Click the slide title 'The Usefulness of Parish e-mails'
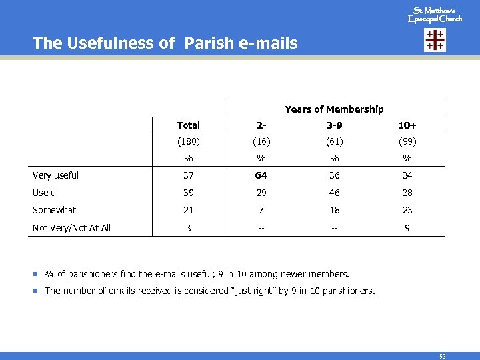point(165,43)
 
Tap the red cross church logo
point(435,41)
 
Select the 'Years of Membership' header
point(334,109)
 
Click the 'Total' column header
point(188,125)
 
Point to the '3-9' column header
point(334,125)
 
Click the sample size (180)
point(188,141)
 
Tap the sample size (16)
point(261,141)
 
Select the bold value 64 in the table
point(261,176)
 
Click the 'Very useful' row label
point(56,176)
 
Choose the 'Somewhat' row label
point(55,210)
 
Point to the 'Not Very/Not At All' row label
point(72,228)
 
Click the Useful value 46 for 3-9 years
point(334,193)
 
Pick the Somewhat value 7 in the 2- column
point(261,210)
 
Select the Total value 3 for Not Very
point(188,228)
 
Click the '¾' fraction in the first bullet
point(49,274)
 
